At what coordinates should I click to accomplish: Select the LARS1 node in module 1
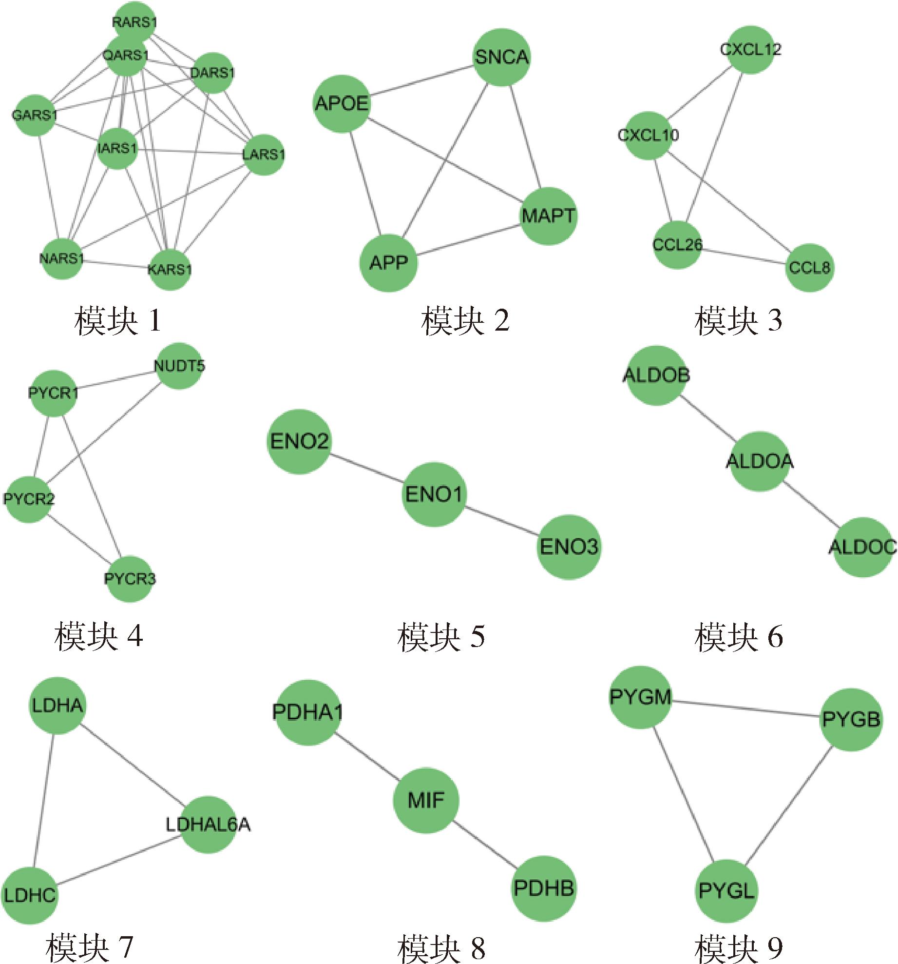264,155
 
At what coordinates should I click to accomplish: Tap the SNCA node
501,57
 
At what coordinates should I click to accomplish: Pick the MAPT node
549,216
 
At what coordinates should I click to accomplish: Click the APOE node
342,103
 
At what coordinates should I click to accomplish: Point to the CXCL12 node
750,49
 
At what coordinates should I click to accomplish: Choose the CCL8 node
809,268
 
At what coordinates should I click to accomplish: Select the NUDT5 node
179,366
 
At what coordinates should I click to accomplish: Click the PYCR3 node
130,579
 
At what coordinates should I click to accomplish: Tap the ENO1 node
434,494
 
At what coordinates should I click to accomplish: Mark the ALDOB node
656,375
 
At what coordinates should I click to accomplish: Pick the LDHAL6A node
209,825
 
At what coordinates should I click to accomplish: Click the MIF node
426,800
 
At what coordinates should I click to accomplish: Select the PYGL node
726,891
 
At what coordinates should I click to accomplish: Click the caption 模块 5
441,636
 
